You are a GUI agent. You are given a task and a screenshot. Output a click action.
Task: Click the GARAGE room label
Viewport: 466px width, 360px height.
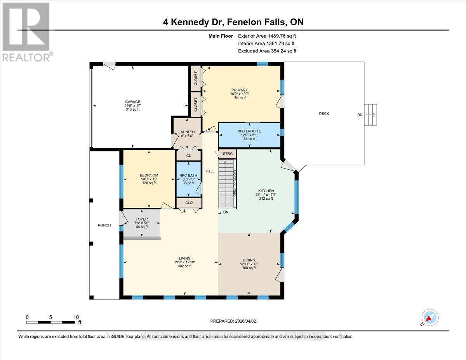tap(132, 102)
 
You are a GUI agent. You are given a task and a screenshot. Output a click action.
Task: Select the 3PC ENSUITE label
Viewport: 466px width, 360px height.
tap(249, 131)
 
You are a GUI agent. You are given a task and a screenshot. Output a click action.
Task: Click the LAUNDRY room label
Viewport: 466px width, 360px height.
tap(187, 132)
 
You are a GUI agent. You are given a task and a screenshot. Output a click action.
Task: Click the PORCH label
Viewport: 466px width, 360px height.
tap(104, 225)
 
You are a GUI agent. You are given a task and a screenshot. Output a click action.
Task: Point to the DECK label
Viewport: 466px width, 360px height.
tap(324, 113)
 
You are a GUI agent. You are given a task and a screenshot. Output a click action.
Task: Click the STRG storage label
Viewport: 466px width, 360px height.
tap(228, 154)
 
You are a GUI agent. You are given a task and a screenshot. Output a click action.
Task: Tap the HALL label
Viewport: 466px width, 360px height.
tap(210, 171)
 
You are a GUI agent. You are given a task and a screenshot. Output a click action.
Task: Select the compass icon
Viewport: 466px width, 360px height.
tap(430, 317)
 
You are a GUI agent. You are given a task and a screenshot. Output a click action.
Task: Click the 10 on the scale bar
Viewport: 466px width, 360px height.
tap(75, 317)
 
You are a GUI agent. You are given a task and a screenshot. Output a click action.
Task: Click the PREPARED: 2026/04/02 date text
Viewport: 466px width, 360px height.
tap(233, 321)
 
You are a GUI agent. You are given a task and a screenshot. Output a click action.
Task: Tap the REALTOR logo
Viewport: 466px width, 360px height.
tap(26, 31)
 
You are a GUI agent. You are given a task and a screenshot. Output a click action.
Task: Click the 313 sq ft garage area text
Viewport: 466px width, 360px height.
tap(132, 110)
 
